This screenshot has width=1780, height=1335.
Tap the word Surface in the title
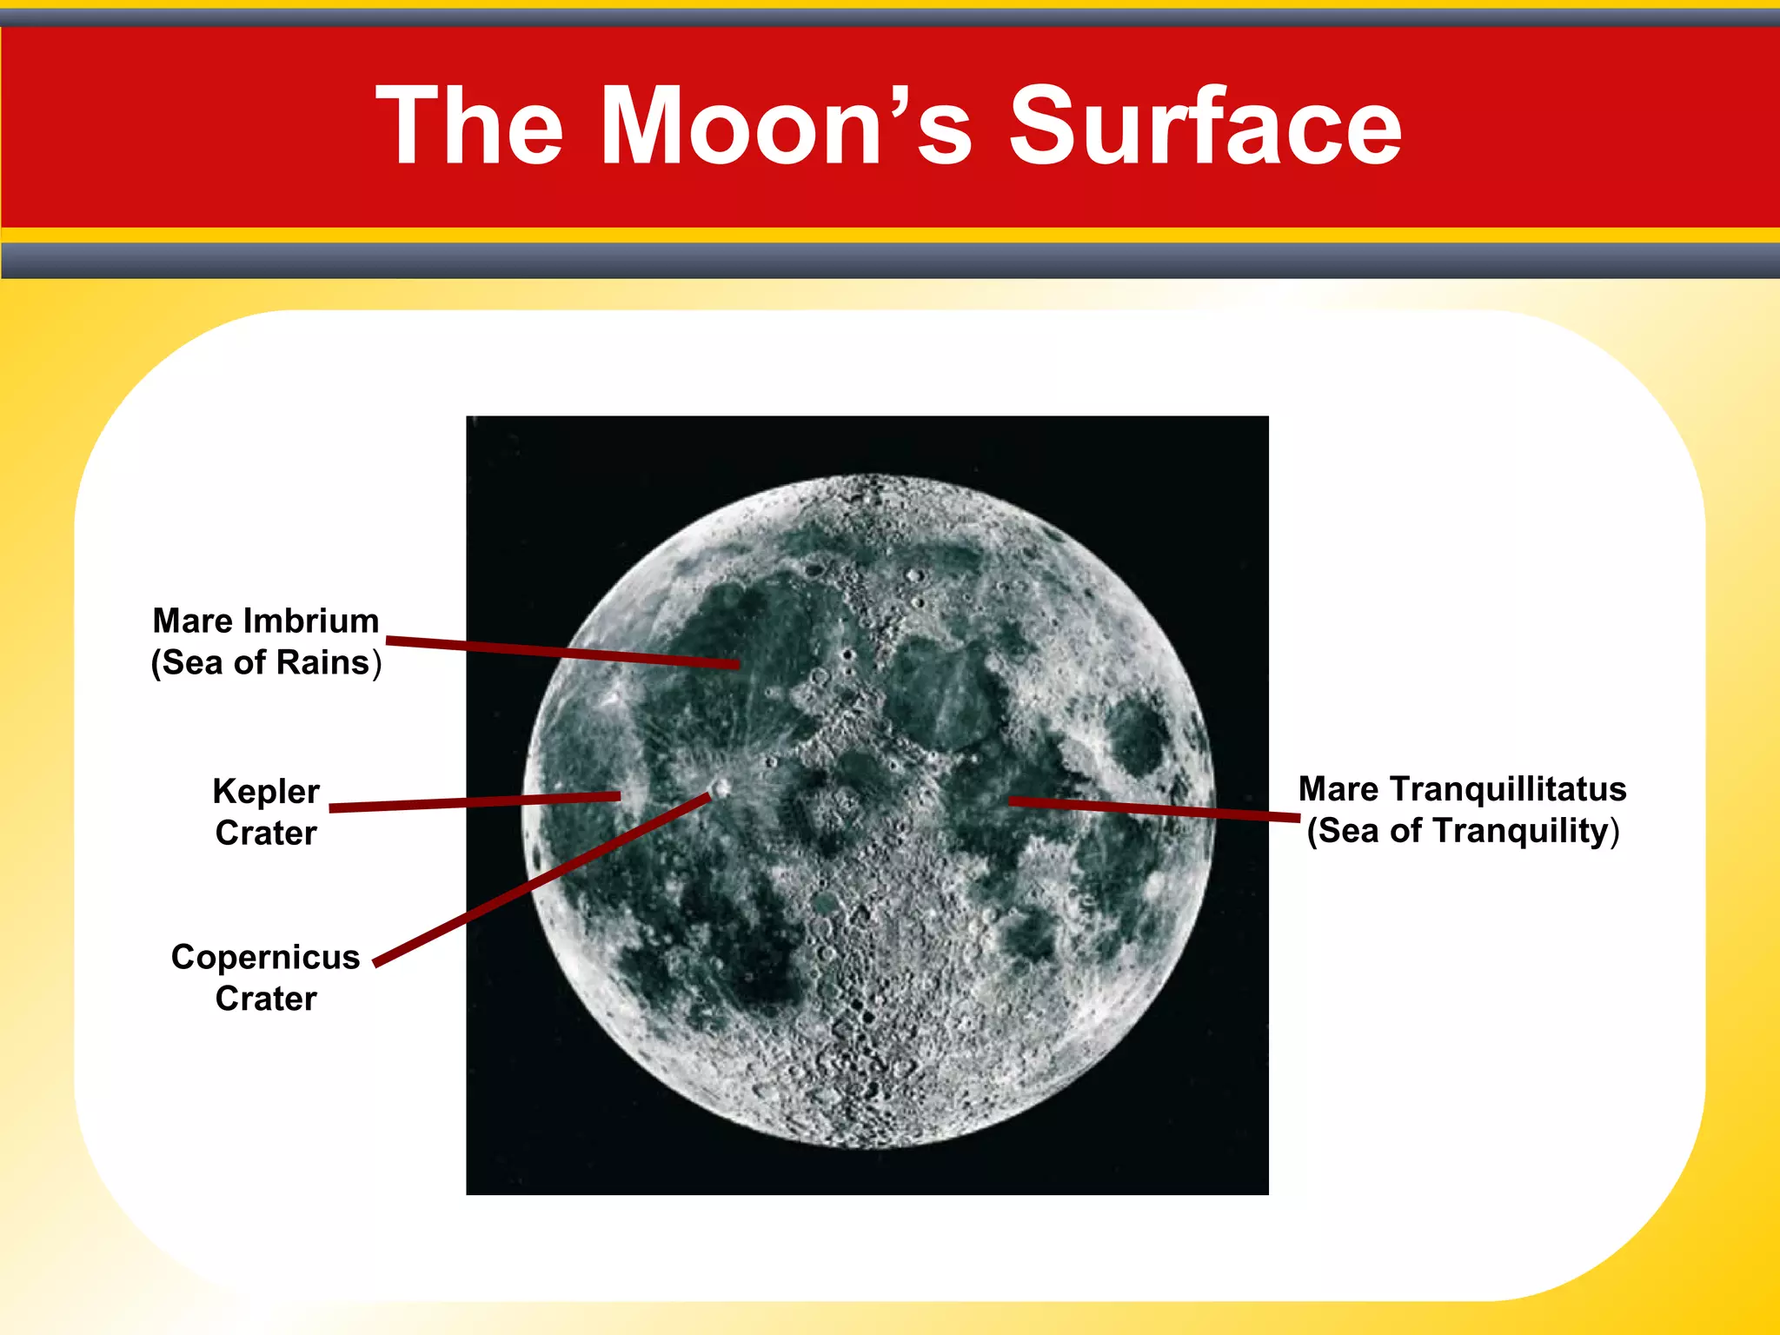[1205, 126]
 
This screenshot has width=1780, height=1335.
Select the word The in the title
[470, 126]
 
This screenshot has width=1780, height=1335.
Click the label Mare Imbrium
[266, 621]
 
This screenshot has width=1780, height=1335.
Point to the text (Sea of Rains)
[266, 662]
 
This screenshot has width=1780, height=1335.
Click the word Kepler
[266, 791]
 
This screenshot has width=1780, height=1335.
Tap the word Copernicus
[266, 957]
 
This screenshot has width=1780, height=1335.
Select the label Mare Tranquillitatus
[1462, 789]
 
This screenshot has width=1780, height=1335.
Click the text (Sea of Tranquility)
[1463, 831]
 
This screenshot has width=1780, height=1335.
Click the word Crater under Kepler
[266, 833]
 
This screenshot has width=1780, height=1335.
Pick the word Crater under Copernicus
[266, 999]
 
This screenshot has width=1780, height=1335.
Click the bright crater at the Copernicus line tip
[721, 788]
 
